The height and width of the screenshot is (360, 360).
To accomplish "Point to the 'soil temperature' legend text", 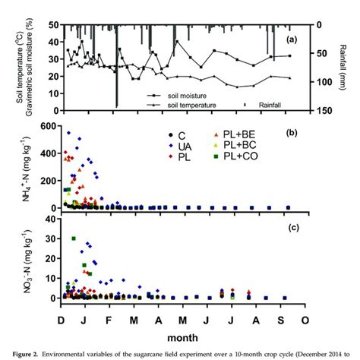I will point(199,105).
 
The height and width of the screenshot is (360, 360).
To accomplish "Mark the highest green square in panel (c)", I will point(74,238).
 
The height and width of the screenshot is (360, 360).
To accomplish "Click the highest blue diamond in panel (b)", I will point(69,133).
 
